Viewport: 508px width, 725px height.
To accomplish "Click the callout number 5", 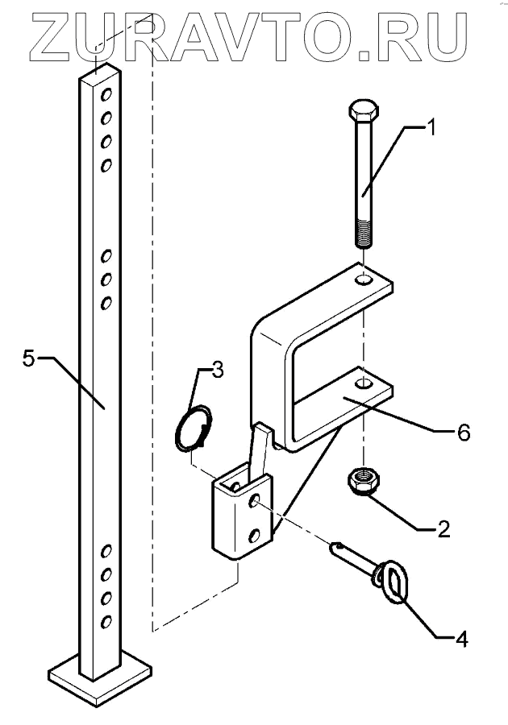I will click(29, 358).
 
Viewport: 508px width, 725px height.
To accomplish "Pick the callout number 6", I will click(463, 433).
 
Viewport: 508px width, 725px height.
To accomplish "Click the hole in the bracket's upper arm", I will click(364, 281).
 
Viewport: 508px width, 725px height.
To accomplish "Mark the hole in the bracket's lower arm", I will click(364, 383).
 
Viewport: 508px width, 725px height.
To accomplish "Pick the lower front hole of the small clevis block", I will click(255, 535).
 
